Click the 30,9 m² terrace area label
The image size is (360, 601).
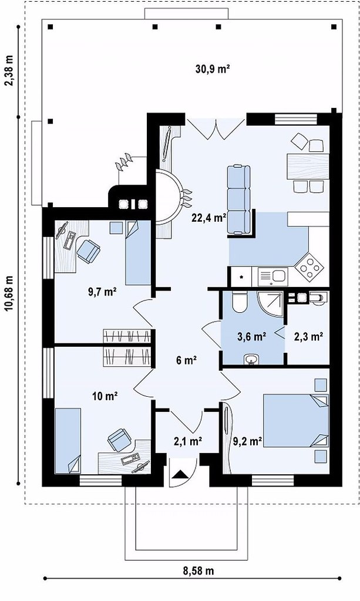click(213, 69)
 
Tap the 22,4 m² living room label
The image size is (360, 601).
click(208, 218)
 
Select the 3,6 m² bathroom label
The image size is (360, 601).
click(251, 337)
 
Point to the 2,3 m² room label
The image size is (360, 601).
click(308, 337)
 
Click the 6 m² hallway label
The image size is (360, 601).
click(186, 360)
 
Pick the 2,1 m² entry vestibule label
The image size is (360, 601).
click(188, 441)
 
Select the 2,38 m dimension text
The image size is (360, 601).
click(9, 71)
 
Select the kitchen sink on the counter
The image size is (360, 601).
click(272, 276)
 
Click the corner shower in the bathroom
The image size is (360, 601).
click(270, 305)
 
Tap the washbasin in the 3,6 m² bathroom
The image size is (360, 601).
click(251, 359)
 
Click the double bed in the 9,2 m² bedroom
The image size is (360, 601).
click(296, 420)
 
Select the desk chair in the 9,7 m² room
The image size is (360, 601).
click(89, 251)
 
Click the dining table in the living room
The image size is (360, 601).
click(308, 166)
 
